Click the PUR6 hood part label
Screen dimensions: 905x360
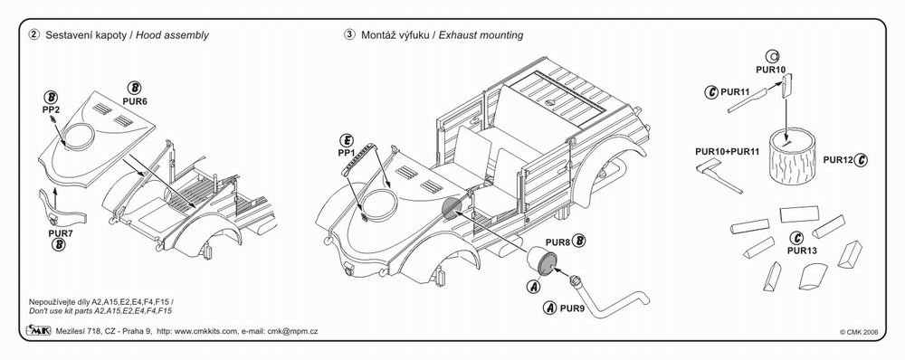tap(135, 100)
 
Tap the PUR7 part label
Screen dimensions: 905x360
tap(60, 233)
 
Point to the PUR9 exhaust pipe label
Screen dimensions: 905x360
tap(573, 308)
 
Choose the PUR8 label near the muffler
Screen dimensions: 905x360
tap(557, 242)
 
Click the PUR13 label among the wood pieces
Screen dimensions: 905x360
tap(802, 251)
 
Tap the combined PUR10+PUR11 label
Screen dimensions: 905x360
tap(728, 152)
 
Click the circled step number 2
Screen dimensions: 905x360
tap(34, 34)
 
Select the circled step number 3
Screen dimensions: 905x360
tap(349, 34)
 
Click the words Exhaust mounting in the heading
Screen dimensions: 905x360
tap(481, 35)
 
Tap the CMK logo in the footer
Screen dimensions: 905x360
tap(39, 330)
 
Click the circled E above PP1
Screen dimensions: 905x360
tap(347, 140)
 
